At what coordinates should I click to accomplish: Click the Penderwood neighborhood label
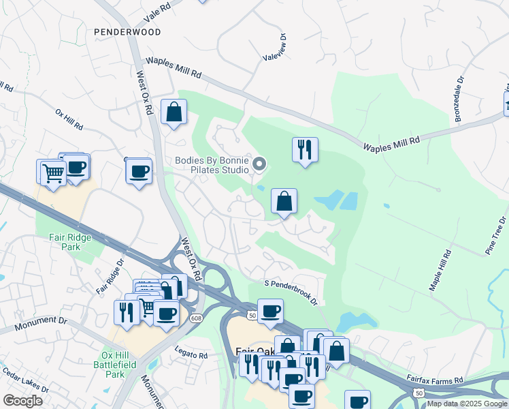(x=127, y=32)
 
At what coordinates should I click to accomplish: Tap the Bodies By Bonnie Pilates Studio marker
(x=259, y=164)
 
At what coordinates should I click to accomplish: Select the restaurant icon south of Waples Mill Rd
(x=305, y=149)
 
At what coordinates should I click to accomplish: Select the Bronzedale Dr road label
(x=459, y=99)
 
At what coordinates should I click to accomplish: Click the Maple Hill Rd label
(x=440, y=270)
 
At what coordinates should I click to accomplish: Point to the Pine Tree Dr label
(x=496, y=235)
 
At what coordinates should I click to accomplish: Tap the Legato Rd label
(x=191, y=355)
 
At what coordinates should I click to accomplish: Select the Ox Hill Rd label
(x=69, y=118)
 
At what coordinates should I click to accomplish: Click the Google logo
(x=22, y=401)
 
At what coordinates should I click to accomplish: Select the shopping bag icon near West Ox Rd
(x=174, y=112)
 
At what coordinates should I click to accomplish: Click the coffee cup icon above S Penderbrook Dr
(x=270, y=310)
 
